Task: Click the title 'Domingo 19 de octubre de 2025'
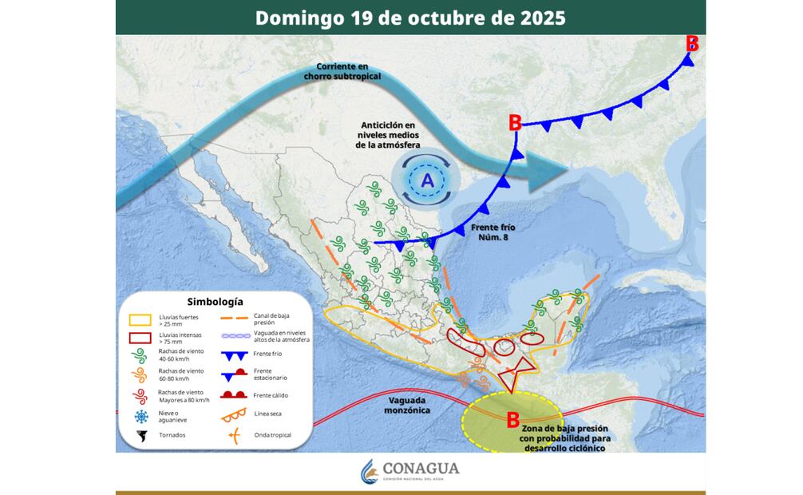tap(410, 18)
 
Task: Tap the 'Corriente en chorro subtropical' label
tap(342, 71)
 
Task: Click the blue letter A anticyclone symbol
tap(427, 180)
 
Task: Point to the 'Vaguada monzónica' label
tap(409, 405)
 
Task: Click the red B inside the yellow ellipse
tap(513, 419)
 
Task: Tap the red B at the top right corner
tap(692, 43)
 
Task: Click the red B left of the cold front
tap(515, 122)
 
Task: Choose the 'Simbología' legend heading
tap(215, 302)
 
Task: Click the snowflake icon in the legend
tap(141, 417)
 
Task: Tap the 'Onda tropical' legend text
tap(272, 435)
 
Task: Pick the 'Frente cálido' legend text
tap(271, 395)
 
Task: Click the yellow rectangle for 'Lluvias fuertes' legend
tap(140, 319)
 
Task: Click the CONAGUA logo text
tap(421, 469)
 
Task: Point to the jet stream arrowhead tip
tap(570, 169)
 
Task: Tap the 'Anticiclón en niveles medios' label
tap(389, 135)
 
